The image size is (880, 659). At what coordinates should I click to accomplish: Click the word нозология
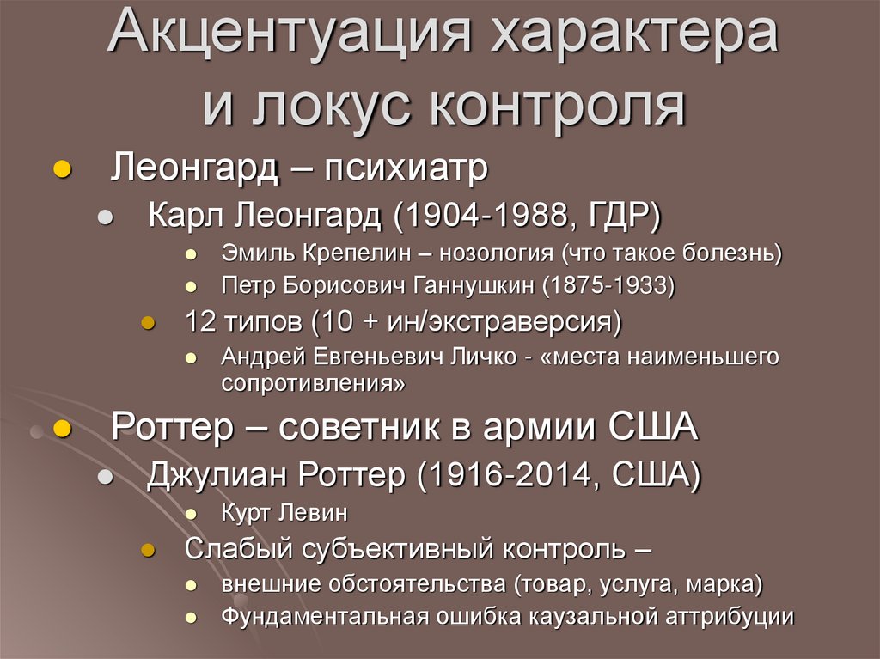[x=498, y=254]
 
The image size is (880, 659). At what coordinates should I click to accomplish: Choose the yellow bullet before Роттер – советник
[x=61, y=426]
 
